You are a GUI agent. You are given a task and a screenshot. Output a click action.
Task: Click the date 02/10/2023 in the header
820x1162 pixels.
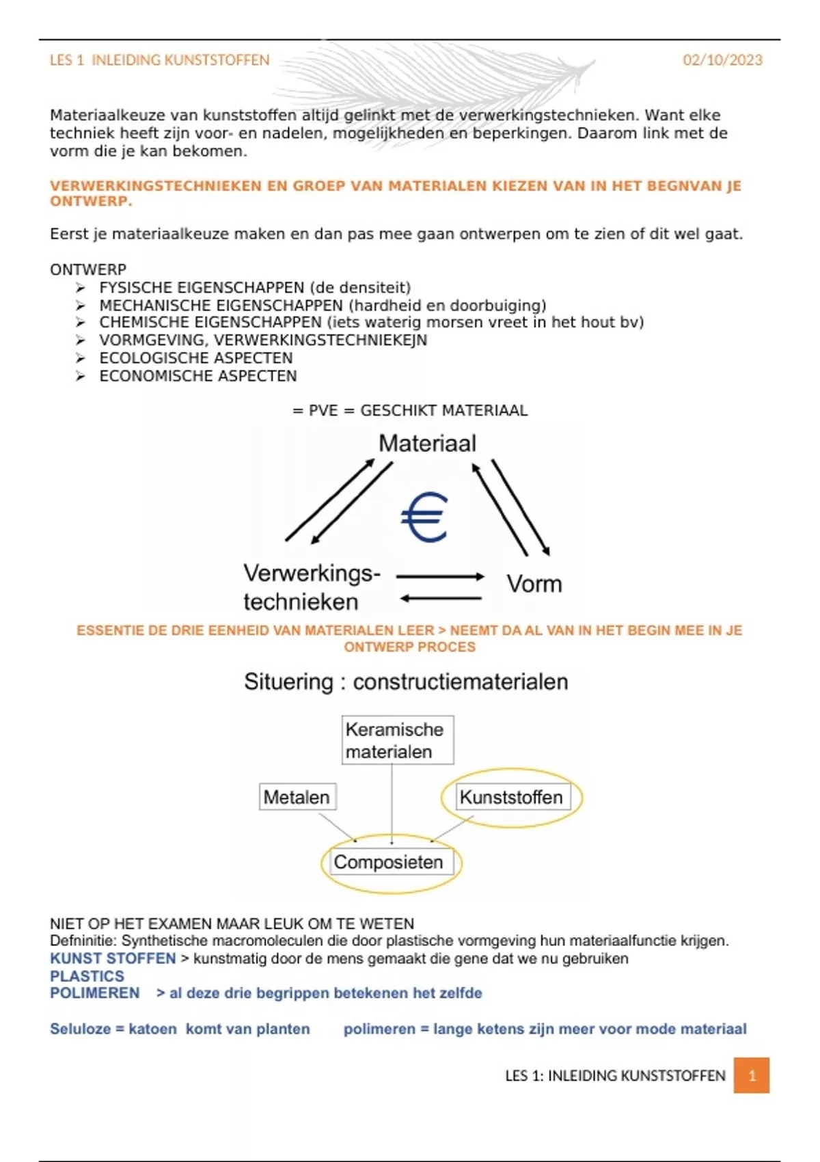point(722,60)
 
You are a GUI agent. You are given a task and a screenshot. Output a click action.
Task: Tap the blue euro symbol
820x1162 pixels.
point(424,517)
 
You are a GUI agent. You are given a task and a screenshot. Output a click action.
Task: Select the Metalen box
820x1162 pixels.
point(297,797)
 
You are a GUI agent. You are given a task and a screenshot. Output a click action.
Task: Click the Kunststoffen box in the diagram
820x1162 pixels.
point(511,797)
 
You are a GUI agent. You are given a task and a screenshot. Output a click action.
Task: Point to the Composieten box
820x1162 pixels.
point(388,862)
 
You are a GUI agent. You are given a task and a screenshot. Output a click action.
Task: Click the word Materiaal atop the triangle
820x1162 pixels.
point(427,444)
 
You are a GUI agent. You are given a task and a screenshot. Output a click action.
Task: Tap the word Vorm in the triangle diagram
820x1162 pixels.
point(534,584)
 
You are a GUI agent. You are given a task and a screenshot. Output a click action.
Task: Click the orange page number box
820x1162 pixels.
point(752,1075)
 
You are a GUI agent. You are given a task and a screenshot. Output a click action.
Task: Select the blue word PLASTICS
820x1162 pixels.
point(87,976)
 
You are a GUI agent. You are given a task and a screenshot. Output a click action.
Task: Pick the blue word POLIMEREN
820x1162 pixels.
point(94,993)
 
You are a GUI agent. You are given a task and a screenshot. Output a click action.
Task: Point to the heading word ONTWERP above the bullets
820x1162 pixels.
point(87,269)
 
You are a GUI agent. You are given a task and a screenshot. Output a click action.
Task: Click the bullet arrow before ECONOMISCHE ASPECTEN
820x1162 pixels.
point(81,376)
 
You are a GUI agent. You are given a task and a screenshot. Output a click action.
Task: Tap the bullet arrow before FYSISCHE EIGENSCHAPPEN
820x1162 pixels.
point(81,288)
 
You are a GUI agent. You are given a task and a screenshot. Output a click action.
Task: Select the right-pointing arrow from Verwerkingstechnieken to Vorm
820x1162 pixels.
point(441,577)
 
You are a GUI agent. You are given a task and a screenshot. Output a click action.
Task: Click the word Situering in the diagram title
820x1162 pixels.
point(288,681)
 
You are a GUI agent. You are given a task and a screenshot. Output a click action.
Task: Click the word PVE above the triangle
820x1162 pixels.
point(323,411)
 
